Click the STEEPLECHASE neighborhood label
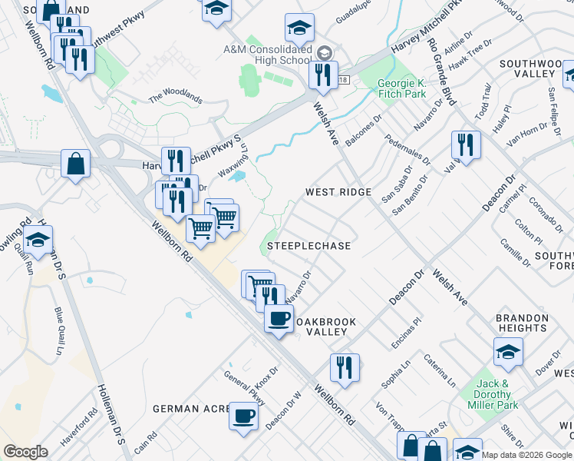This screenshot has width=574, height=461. (308, 246)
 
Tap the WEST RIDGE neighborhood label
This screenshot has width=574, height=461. (338, 192)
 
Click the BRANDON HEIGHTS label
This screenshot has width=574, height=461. (521, 323)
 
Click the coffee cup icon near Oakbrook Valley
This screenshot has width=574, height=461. (279, 317)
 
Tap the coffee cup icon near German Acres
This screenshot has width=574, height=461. (244, 416)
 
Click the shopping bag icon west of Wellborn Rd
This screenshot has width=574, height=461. (75, 163)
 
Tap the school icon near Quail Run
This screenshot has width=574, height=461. (38, 239)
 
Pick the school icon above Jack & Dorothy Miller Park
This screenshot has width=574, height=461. (507, 353)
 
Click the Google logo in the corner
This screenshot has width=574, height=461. (25, 452)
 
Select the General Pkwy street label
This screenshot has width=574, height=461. (246, 389)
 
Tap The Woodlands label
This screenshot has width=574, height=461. (176, 98)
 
